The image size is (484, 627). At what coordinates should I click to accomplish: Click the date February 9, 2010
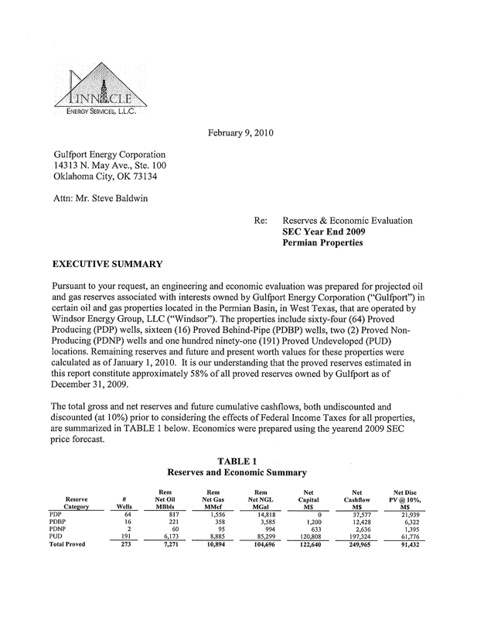tap(242, 132)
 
